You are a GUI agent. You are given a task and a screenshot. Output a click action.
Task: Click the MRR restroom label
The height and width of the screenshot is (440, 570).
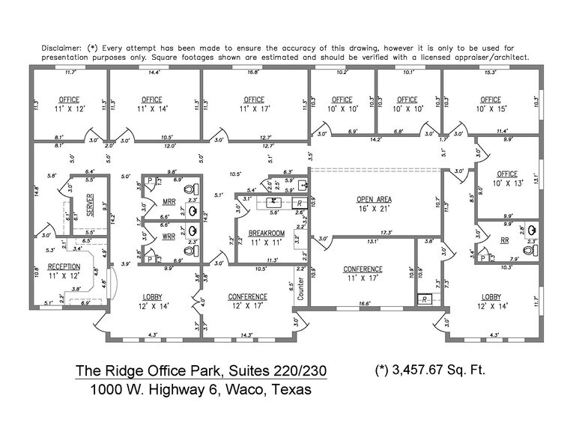169,202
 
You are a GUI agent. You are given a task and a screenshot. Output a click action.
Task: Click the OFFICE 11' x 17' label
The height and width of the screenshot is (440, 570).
254,104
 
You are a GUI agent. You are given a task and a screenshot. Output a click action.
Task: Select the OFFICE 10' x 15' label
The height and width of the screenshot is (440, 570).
491,104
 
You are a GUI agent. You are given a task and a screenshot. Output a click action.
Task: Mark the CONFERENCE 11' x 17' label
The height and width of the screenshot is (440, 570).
363,274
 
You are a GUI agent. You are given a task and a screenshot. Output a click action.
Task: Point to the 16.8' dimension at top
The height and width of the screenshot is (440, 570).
254,73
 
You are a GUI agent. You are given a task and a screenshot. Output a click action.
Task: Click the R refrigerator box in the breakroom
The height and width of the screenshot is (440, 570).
299,203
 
